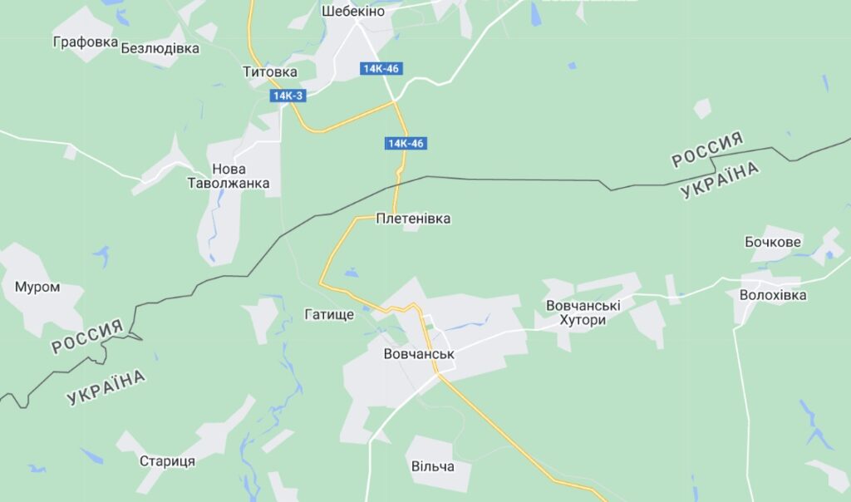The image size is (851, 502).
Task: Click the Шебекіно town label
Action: (x=352, y=12)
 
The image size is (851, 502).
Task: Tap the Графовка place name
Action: (x=83, y=41)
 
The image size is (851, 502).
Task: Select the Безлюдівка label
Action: (x=160, y=48)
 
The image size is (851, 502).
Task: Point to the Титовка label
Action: (x=269, y=71)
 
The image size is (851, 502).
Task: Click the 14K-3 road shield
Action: (x=288, y=96)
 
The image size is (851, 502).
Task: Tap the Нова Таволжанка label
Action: (x=229, y=175)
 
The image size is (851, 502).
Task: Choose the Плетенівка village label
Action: (x=413, y=219)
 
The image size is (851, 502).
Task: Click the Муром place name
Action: (x=37, y=287)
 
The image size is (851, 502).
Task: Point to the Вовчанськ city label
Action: (x=419, y=354)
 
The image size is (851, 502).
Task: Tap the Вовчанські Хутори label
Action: (x=583, y=313)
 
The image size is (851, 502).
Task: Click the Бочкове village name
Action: (x=773, y=242)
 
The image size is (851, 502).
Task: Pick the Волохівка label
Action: (x=773, y=295)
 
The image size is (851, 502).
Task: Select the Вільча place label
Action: (x=433, y=466)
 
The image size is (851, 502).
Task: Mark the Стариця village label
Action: (x=167, y=461)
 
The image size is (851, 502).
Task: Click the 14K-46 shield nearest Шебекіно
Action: (x=381, y=68)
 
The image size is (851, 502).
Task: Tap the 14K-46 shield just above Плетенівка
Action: (x=406, y=144)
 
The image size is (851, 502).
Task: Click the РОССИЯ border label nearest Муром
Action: (x=87, y=336)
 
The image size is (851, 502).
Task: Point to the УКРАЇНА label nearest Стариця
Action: (x=106, y=387)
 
